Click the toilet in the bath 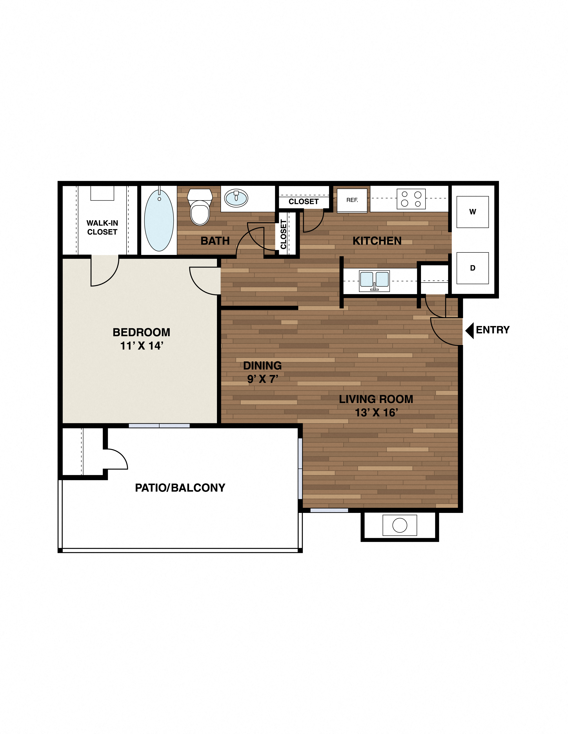[x=200, y=207]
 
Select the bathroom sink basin [x=236, y=198]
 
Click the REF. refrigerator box [x=352, y=200]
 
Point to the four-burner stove [x=411, y=199]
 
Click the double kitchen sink [x=374, y=280]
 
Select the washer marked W [x=472, y=212]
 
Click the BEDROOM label [x=141, y=332]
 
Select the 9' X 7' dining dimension [x=262, y=379]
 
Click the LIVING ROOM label [x=376, y=399]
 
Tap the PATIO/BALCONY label [x=180, y=488]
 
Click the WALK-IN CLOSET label [x=102, y=228]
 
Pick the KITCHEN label [x=377, y=241]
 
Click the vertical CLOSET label [x=283, y=234]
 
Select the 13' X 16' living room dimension [x=376, y=413]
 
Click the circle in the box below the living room [x=400, y=525]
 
